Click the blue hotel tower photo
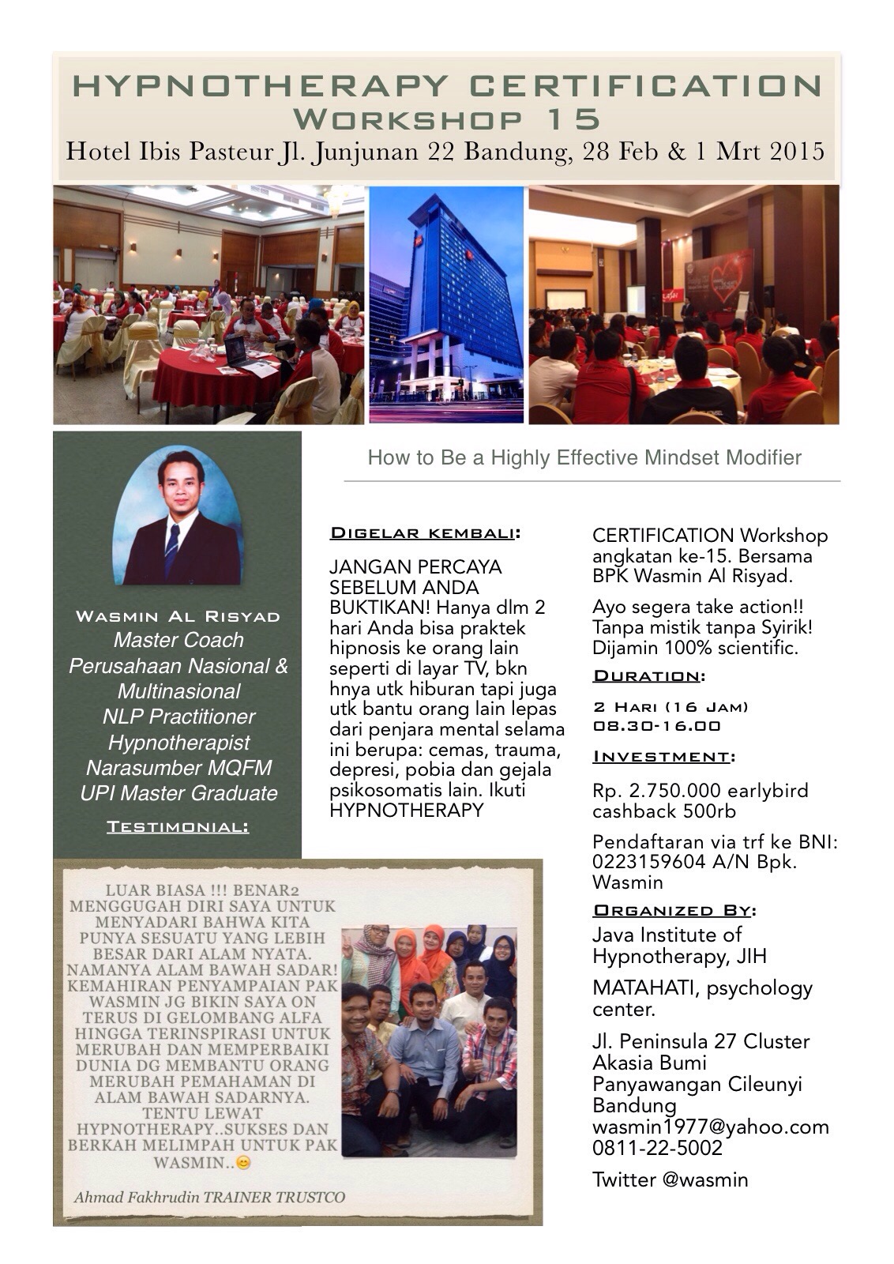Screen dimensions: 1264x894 pyautogui.click(x=446, y=304)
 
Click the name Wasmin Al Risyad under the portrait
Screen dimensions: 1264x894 pyautogui.click(x=178, y=616)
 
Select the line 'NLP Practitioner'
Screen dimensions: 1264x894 pyautogui.click(x=178, y=717)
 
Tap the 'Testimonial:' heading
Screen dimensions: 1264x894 pyautogui.click(x=178, y=826)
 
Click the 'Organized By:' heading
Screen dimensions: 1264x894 pyautogui.click(x=674, y=910)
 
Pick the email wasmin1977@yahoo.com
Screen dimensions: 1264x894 pyautogui.click(x=711, y=1127)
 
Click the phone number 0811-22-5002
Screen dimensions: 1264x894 pyautogui.click(x=657, y=1148)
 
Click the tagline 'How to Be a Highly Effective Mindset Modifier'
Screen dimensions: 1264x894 pyautogui.click(x=584, y=457)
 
